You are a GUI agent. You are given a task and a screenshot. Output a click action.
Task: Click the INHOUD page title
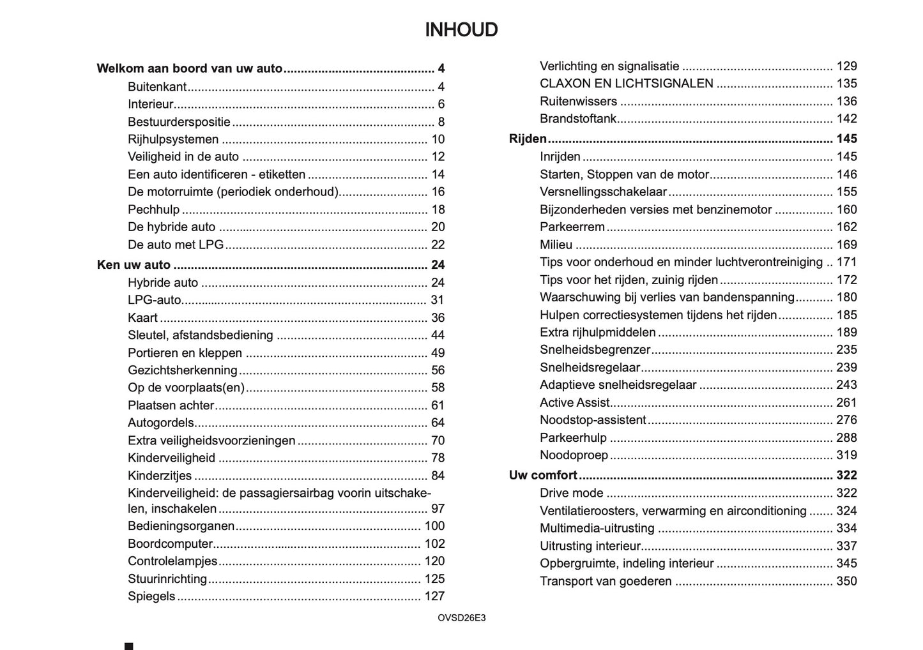[461, 30]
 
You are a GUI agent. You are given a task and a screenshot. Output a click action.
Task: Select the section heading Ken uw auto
[133, 265]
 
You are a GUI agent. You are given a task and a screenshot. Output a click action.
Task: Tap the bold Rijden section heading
[528, 139]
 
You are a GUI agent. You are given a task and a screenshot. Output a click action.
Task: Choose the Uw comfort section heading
[543, 475]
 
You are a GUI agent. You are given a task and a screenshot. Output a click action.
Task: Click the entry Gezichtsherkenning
[182, 370]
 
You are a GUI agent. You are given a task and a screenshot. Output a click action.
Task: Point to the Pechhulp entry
[153, 209]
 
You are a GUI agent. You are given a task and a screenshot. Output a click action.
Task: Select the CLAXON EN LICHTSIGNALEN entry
[626, 84]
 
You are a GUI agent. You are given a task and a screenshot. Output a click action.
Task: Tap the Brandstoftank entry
[578, 119]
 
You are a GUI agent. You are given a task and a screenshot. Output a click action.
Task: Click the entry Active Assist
[574, 402]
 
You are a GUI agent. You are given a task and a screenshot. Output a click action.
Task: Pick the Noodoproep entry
[574, 455]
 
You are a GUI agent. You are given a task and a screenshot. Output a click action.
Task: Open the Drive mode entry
[571, 493]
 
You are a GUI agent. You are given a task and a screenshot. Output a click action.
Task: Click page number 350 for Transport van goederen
[846, 581]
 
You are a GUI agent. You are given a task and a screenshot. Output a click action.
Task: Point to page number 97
[437, 509]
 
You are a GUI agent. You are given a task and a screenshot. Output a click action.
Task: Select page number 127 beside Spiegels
[434, 596]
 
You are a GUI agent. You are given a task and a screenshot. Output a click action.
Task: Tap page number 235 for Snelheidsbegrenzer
[846, 350]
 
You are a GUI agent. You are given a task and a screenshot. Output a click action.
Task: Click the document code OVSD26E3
[461, 618]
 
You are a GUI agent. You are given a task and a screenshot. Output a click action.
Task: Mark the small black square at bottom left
[129, 646]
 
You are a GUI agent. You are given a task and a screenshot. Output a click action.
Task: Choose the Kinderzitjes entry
[160, 476]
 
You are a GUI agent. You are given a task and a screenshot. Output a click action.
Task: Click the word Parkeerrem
[572, 227]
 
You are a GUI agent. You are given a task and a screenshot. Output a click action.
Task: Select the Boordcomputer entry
[170, 544]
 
